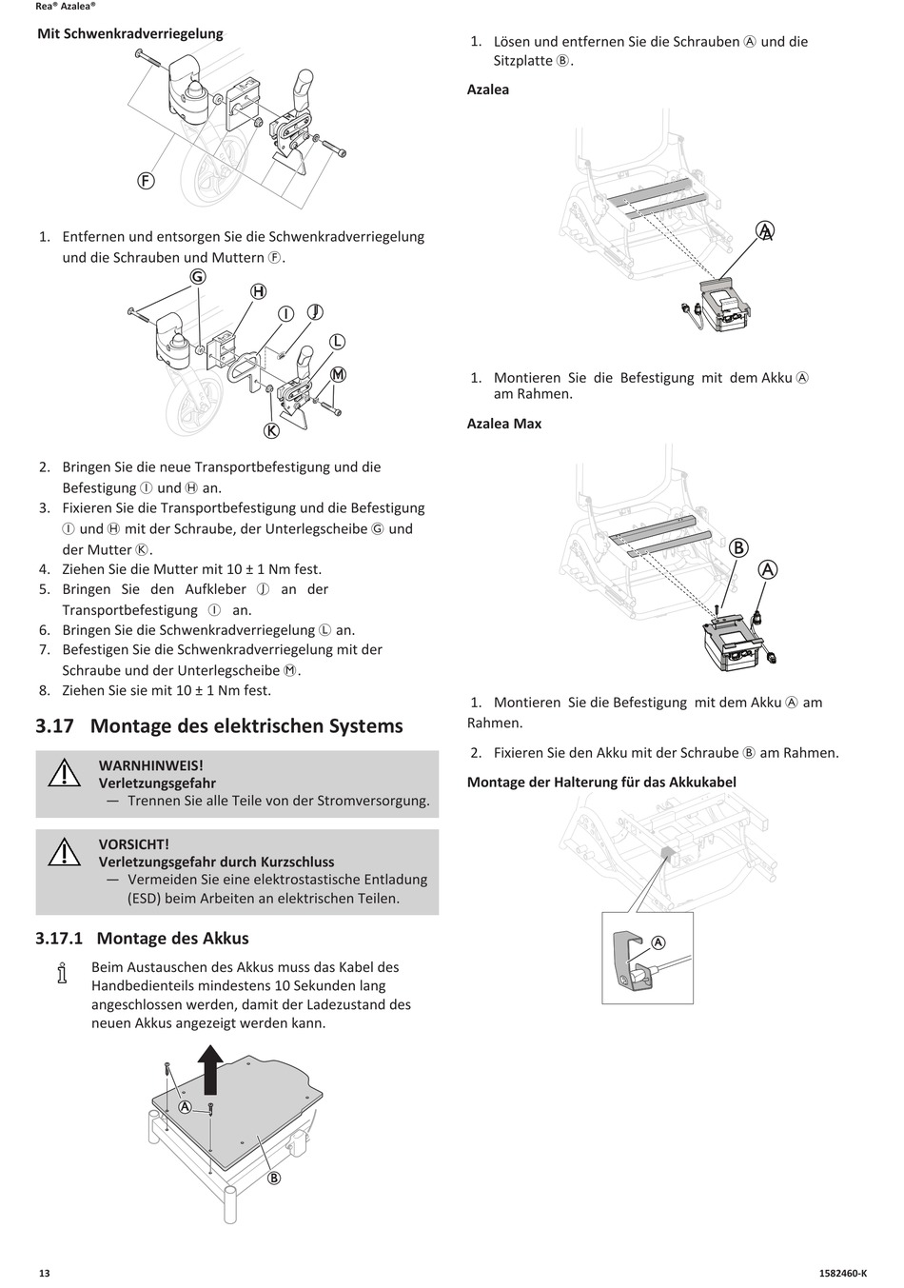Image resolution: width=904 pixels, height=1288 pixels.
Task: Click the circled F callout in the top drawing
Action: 146,180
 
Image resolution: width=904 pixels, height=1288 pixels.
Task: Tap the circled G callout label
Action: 198,277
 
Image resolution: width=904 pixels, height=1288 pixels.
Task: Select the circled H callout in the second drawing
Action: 258,291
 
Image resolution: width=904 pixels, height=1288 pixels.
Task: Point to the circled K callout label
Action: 271,430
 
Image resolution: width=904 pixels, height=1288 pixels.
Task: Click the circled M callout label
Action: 338,374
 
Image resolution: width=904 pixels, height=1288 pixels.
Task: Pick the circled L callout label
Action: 337,342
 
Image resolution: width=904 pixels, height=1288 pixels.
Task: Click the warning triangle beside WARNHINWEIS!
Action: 65,774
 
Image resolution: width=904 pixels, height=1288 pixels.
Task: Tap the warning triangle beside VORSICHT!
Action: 65,853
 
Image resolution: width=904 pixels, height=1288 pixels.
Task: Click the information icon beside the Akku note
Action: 62,975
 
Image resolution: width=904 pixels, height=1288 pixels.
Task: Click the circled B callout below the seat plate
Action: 274,1179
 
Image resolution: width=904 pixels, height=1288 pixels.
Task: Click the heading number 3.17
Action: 55,726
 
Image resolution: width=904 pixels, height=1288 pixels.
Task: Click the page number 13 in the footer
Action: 44,1274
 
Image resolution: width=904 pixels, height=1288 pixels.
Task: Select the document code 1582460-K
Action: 842,1274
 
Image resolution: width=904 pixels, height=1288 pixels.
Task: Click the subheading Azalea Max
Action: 504,424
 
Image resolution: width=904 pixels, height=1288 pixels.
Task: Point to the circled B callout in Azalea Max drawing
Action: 738,547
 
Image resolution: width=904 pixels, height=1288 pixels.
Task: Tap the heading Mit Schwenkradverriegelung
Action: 130,34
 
